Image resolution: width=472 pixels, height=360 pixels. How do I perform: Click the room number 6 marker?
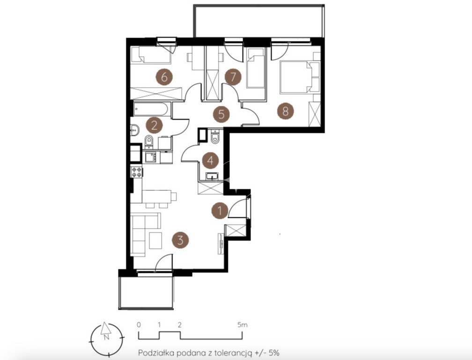[x=164, y=77]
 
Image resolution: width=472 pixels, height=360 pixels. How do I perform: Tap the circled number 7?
[x=233, y=77]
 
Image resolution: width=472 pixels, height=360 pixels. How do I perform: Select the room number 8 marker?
[x=285, y=112]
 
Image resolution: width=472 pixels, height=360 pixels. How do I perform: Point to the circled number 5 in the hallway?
[x=221, y=114]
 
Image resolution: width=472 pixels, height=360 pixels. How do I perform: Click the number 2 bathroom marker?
[x=154, y=125]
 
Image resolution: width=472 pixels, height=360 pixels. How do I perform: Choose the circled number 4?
[x=210, y=160]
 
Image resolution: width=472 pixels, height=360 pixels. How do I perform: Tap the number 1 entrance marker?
[x=220, y=210]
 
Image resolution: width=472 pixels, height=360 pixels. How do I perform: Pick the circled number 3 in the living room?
[x=180, y=240]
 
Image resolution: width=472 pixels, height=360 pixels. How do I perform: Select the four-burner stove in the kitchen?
[x=137, y=172]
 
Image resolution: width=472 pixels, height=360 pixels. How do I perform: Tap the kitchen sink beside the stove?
[x=150, y=157]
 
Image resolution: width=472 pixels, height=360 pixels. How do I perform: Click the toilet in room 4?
[x=215, y=136]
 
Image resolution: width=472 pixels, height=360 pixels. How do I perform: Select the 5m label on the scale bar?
[x=243, y=325]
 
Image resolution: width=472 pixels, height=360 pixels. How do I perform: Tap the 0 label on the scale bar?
[x=139, y=325]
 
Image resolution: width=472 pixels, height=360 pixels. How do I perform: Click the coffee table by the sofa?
[x=155, y=240]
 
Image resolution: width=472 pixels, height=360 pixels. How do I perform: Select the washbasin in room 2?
[x=135, y=130]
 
